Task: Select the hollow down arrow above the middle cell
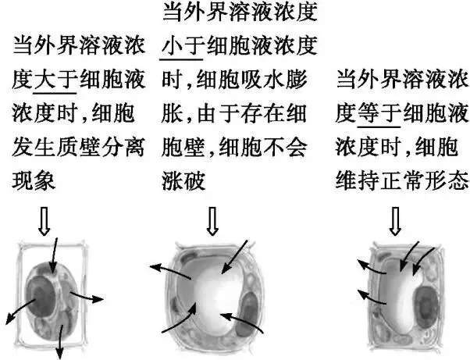click(x=211, y=223)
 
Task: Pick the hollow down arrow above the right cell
click(x=395, y=223)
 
